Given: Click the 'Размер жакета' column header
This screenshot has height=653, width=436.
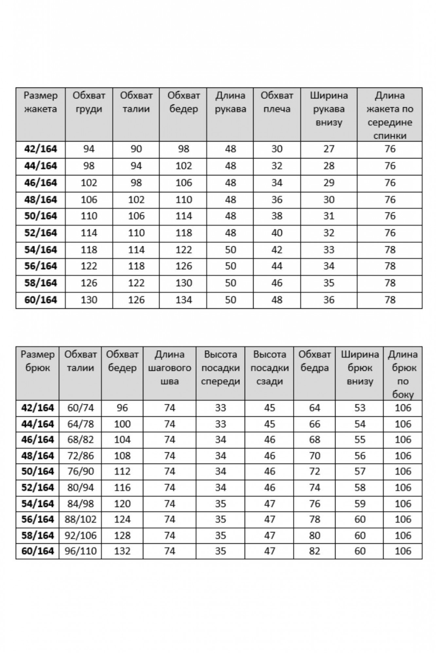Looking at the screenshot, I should [41, 102].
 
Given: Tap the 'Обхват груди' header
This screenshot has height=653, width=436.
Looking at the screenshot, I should [89, 102].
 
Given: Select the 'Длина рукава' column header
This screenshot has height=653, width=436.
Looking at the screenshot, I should [230, 102].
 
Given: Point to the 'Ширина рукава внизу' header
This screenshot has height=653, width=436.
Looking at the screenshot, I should [329, 109].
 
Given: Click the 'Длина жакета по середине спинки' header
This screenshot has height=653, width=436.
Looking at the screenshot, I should [390, 115].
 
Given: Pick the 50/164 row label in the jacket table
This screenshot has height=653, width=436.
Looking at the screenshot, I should [41, 216].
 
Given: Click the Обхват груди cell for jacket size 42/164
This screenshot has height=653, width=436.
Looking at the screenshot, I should [89, 149].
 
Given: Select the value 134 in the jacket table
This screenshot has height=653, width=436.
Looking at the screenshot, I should [183, 300].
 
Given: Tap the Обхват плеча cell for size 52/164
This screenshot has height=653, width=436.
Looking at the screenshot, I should [277, 233].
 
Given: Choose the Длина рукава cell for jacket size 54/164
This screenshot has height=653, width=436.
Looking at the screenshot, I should [230, 250].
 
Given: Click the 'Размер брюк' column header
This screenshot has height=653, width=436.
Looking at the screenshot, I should [37, 361].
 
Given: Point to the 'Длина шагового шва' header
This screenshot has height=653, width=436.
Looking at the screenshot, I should [169, 368].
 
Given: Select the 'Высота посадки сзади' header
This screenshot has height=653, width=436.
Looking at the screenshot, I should [270, 368].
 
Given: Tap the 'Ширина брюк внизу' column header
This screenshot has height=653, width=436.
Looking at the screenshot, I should [360, 368].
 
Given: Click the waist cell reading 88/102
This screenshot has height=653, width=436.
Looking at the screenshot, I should [80, 519].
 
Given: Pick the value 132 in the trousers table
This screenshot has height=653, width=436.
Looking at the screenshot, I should [122, 551].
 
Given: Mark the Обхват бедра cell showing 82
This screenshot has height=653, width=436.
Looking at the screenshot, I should [314, 551].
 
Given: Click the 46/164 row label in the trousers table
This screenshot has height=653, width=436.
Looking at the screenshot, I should [37, 440].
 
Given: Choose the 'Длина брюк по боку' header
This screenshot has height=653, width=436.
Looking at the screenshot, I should [403, 374].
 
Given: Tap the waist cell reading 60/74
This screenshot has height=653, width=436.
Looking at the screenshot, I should [80, 408].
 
